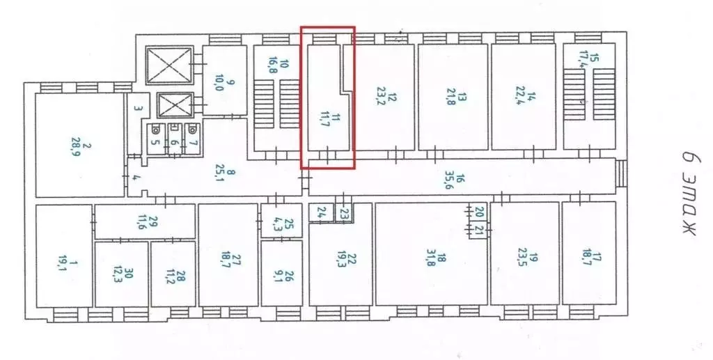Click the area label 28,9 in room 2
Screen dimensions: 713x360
pyautogui.click(x=75, y=148)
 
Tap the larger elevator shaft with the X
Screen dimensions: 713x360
pyautogui.click(x=170, y=65)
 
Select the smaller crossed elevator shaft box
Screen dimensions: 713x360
pyautogui.click(x=175, y=105)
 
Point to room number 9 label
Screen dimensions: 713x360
pyautogui.click(x=231, y=83)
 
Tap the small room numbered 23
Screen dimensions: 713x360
pyautogui.click(x=344, y=212)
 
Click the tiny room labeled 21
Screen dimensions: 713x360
pyautogui.click(x=478, y=230)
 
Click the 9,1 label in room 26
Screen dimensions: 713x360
pyautogui.click(x=279, y=276)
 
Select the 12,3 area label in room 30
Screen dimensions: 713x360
pyautogui.click(x=118, y=276)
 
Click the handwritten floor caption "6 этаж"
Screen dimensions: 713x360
pyautogui.click(x=691, y=193)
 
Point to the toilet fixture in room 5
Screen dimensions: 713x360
pyautogui.click(x=155, y=130)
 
